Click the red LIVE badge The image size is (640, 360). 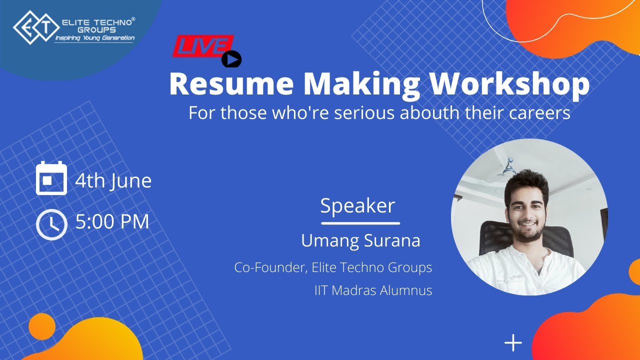202,46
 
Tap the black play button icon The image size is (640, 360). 231,59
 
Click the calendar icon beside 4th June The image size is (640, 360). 51,178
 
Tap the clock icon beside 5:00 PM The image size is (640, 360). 51,224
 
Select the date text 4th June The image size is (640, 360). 113,180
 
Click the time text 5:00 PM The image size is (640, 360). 112,221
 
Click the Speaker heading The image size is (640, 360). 357,206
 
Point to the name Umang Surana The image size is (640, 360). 360,241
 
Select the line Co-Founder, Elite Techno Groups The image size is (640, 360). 333,267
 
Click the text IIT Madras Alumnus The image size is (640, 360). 373,290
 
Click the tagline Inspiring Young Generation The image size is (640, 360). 94,38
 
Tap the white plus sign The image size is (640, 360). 513,343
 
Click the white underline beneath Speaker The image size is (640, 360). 360,223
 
